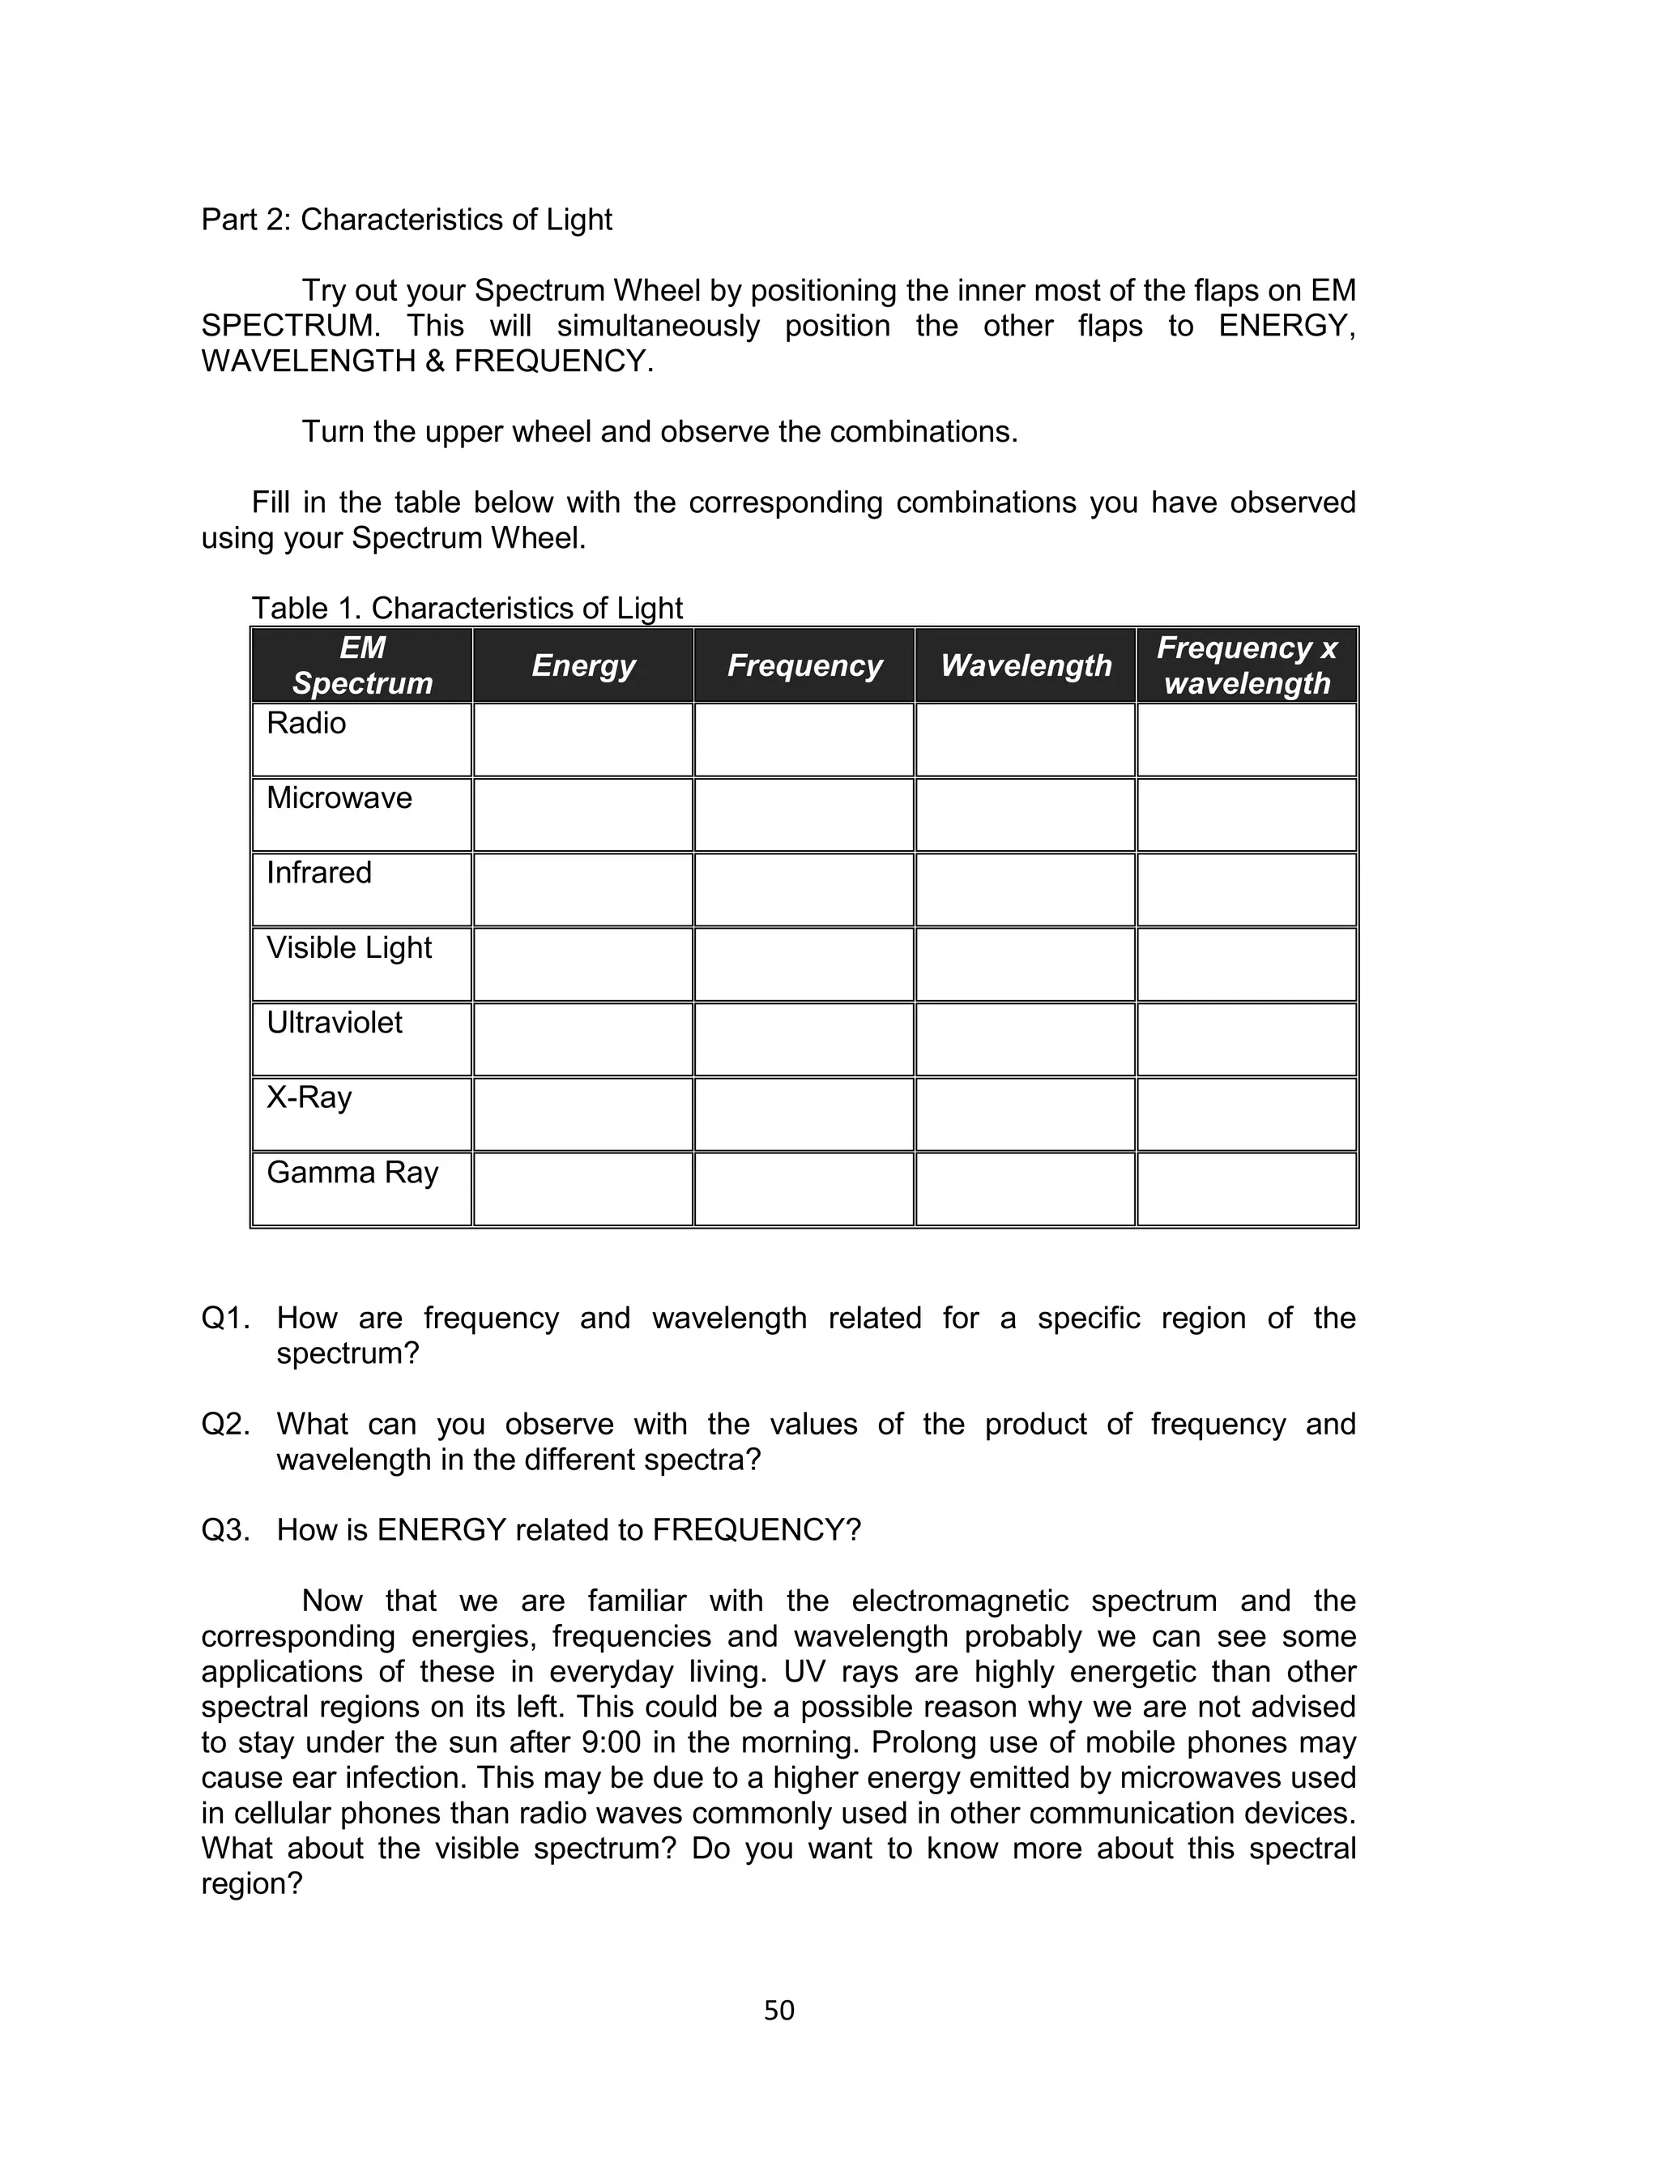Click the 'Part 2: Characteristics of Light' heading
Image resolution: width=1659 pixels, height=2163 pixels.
tap(406, 220)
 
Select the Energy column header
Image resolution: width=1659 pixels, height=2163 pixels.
tap(582, 665)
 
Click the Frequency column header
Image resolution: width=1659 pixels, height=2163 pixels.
tap(804, 665)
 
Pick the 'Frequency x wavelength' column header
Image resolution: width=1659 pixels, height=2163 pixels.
tap(1246, 665)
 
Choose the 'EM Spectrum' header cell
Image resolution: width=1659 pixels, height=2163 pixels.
tap(362, 665)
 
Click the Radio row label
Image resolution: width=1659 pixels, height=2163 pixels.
tap(306, 723)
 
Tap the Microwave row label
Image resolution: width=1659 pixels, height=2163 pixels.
tap(339, 798)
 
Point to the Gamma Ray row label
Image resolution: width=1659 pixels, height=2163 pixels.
tap(352, 1173)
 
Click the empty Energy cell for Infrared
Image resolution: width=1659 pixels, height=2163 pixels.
tap(582, 890)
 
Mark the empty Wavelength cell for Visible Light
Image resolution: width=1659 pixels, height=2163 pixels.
tap(1025, 965)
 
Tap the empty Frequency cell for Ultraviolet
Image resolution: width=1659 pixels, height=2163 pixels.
tap(804, 1040)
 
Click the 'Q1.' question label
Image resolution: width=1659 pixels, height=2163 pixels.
tap(225, 1319)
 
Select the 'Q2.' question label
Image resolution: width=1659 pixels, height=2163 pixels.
tap(225, 1424)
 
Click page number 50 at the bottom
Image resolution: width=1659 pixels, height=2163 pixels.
tap(779, 2011)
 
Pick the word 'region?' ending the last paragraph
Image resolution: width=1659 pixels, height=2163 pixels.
tap(251, 1883)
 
